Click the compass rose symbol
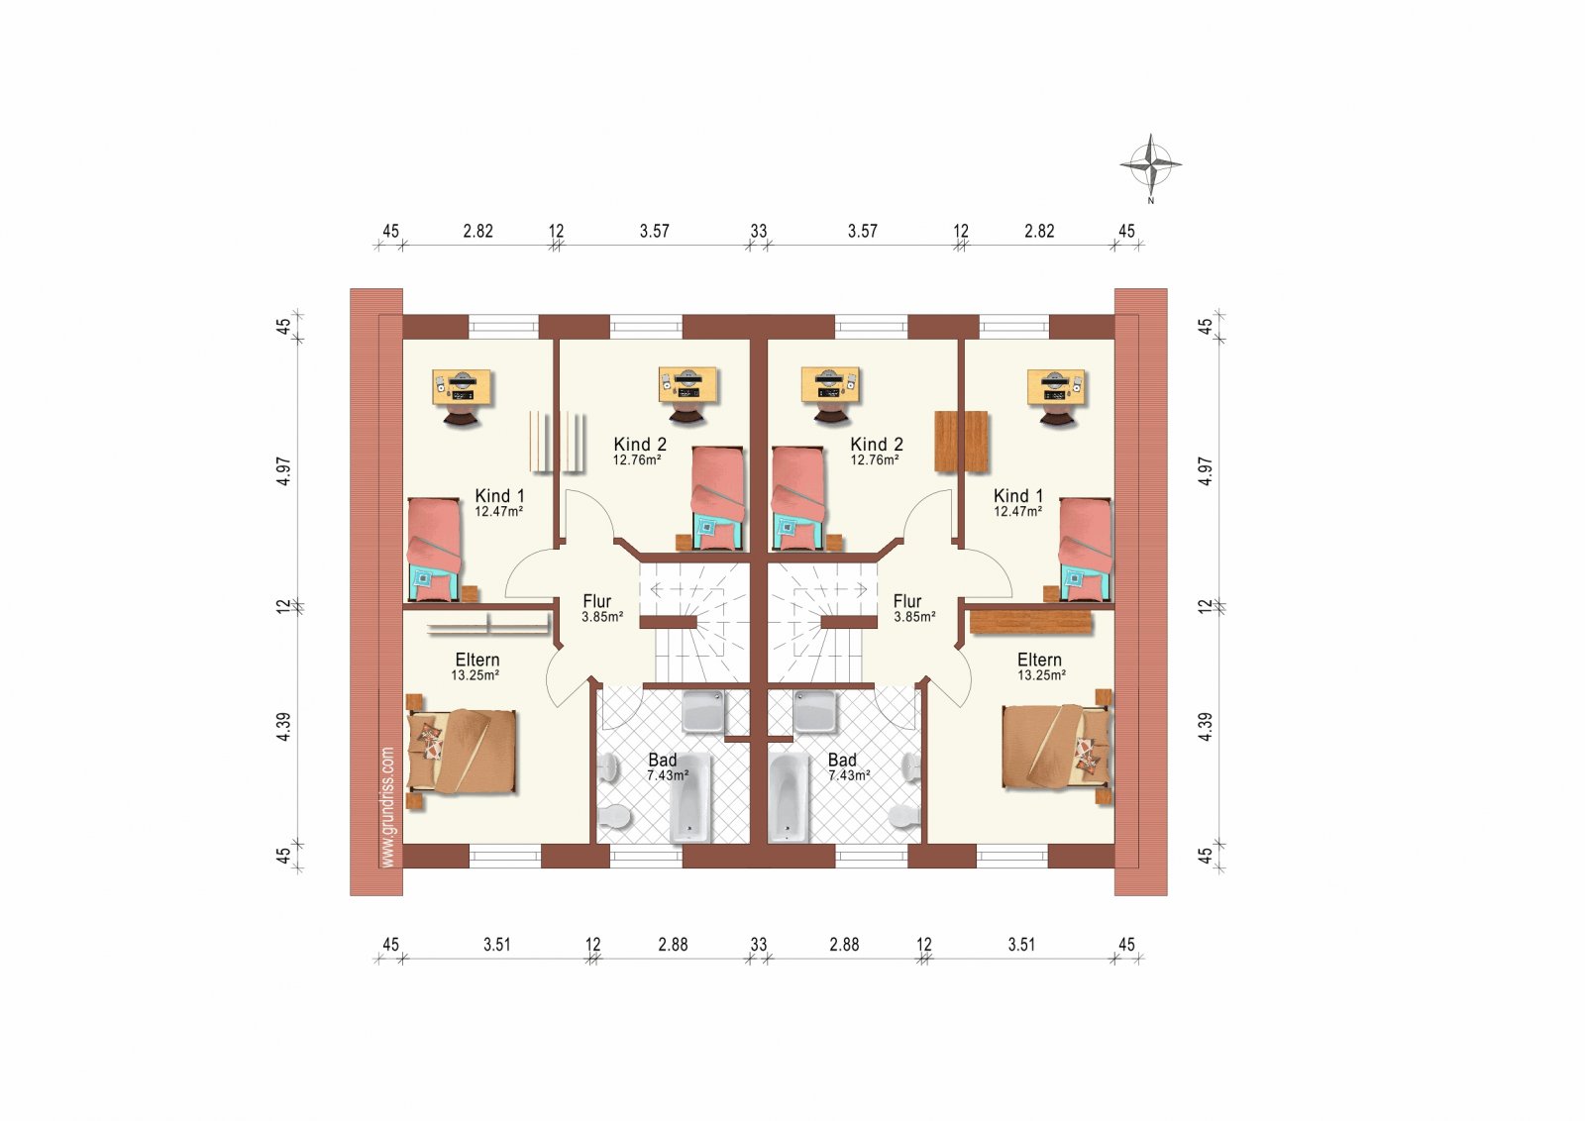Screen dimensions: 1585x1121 pyautogui.click(x=1150, y=165)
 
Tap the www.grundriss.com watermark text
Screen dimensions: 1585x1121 pyautogui.click(x=387, y=807)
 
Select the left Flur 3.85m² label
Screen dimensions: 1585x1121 pyautogui.click(x=601, y=608)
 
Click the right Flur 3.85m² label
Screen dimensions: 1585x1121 pyautogui.click(x=913, y=608)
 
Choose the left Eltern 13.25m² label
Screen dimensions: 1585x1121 pyautogui.click(x=476, y=666)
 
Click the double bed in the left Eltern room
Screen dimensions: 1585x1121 pyautogui.click(x=462, y=751)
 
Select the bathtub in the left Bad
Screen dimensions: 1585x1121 pyautogui.click(x=689, y=798)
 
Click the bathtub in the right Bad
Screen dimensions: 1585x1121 pyautogui.click(x=789, y=798)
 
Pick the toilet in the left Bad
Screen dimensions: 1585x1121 pyautogui.click(x=613, y=817)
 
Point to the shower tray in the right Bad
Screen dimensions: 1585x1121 pyautogui.click(x=814, y=711)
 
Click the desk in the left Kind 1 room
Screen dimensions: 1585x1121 pyautogui.click(x=463, y=388)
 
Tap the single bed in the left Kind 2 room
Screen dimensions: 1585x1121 pyautogui.click(x=718, y=498)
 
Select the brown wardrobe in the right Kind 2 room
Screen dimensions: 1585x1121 pyautogui.click(x=962, y=442)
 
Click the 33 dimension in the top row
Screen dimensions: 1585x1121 pyautogui.click(x=759, y=232)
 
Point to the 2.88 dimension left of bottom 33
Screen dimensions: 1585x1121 pyautogui.click(x=673, y=944)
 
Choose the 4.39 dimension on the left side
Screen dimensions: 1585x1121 pyautogui.click(x=283, y=726)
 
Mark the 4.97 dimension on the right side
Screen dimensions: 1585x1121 pyautogui.click(x=1206, y=471)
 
